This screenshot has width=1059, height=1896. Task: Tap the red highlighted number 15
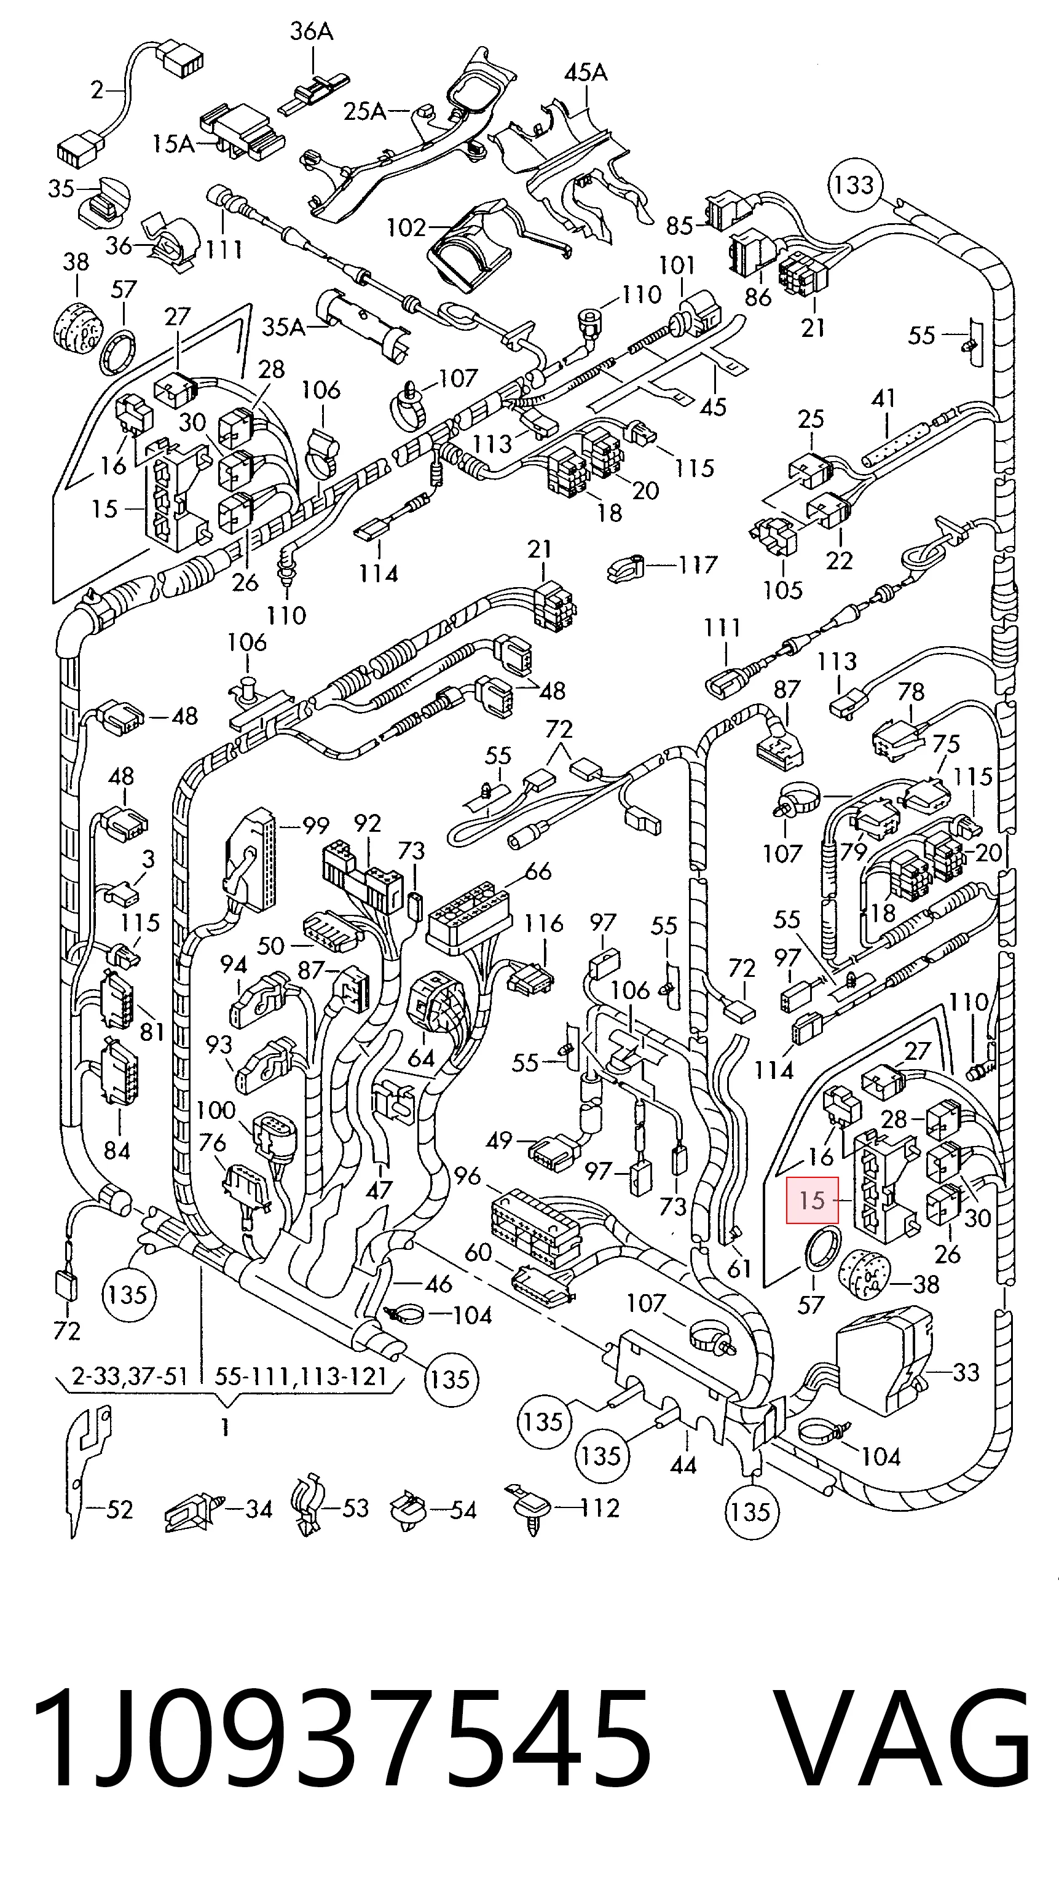coord(813,1201)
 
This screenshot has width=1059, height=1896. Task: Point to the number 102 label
coord(406,227)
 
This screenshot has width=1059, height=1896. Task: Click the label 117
coord(698,564)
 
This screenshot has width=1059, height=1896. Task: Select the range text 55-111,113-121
coord(301,1375)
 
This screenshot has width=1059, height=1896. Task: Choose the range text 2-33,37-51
coord(130,1375)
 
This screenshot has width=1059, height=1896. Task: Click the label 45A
coord(586,73)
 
